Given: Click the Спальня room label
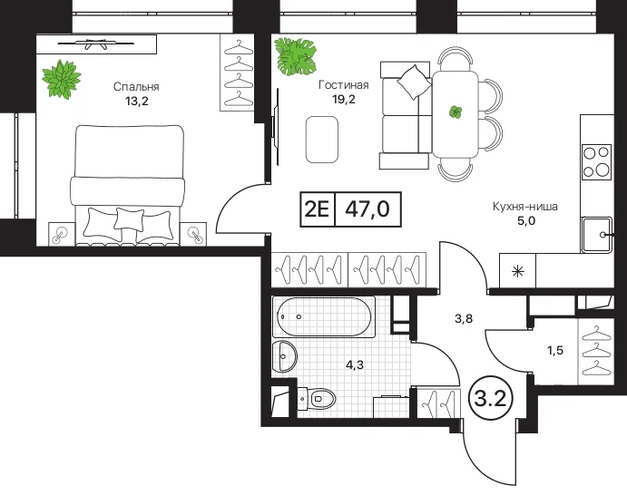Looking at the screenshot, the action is coord(136,87).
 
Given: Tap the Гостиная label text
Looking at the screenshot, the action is coord(344,84).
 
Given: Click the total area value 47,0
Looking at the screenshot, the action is coord(367,209).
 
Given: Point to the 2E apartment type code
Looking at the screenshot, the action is coord(317,209).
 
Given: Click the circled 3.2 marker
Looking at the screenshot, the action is coord(490,399).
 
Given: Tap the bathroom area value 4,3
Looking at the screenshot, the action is coord(355,364).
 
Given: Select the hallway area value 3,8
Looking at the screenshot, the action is coord(464,318).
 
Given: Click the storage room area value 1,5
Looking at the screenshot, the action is coord(555,350).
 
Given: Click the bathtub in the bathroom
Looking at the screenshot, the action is coord(324,316).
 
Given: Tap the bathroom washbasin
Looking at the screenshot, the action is coord(284,356).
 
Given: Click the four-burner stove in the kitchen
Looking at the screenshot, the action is coord(597,161).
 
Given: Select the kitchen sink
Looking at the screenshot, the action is coord(597,235).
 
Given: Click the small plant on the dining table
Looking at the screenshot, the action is coord(456,112).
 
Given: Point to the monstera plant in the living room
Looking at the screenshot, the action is coord(295,56).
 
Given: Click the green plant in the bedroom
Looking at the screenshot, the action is coord(62,79).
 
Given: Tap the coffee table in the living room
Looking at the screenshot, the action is coord(322,140).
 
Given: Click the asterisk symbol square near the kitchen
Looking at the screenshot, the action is coord(518,271).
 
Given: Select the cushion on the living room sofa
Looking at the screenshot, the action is coord(414,82).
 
